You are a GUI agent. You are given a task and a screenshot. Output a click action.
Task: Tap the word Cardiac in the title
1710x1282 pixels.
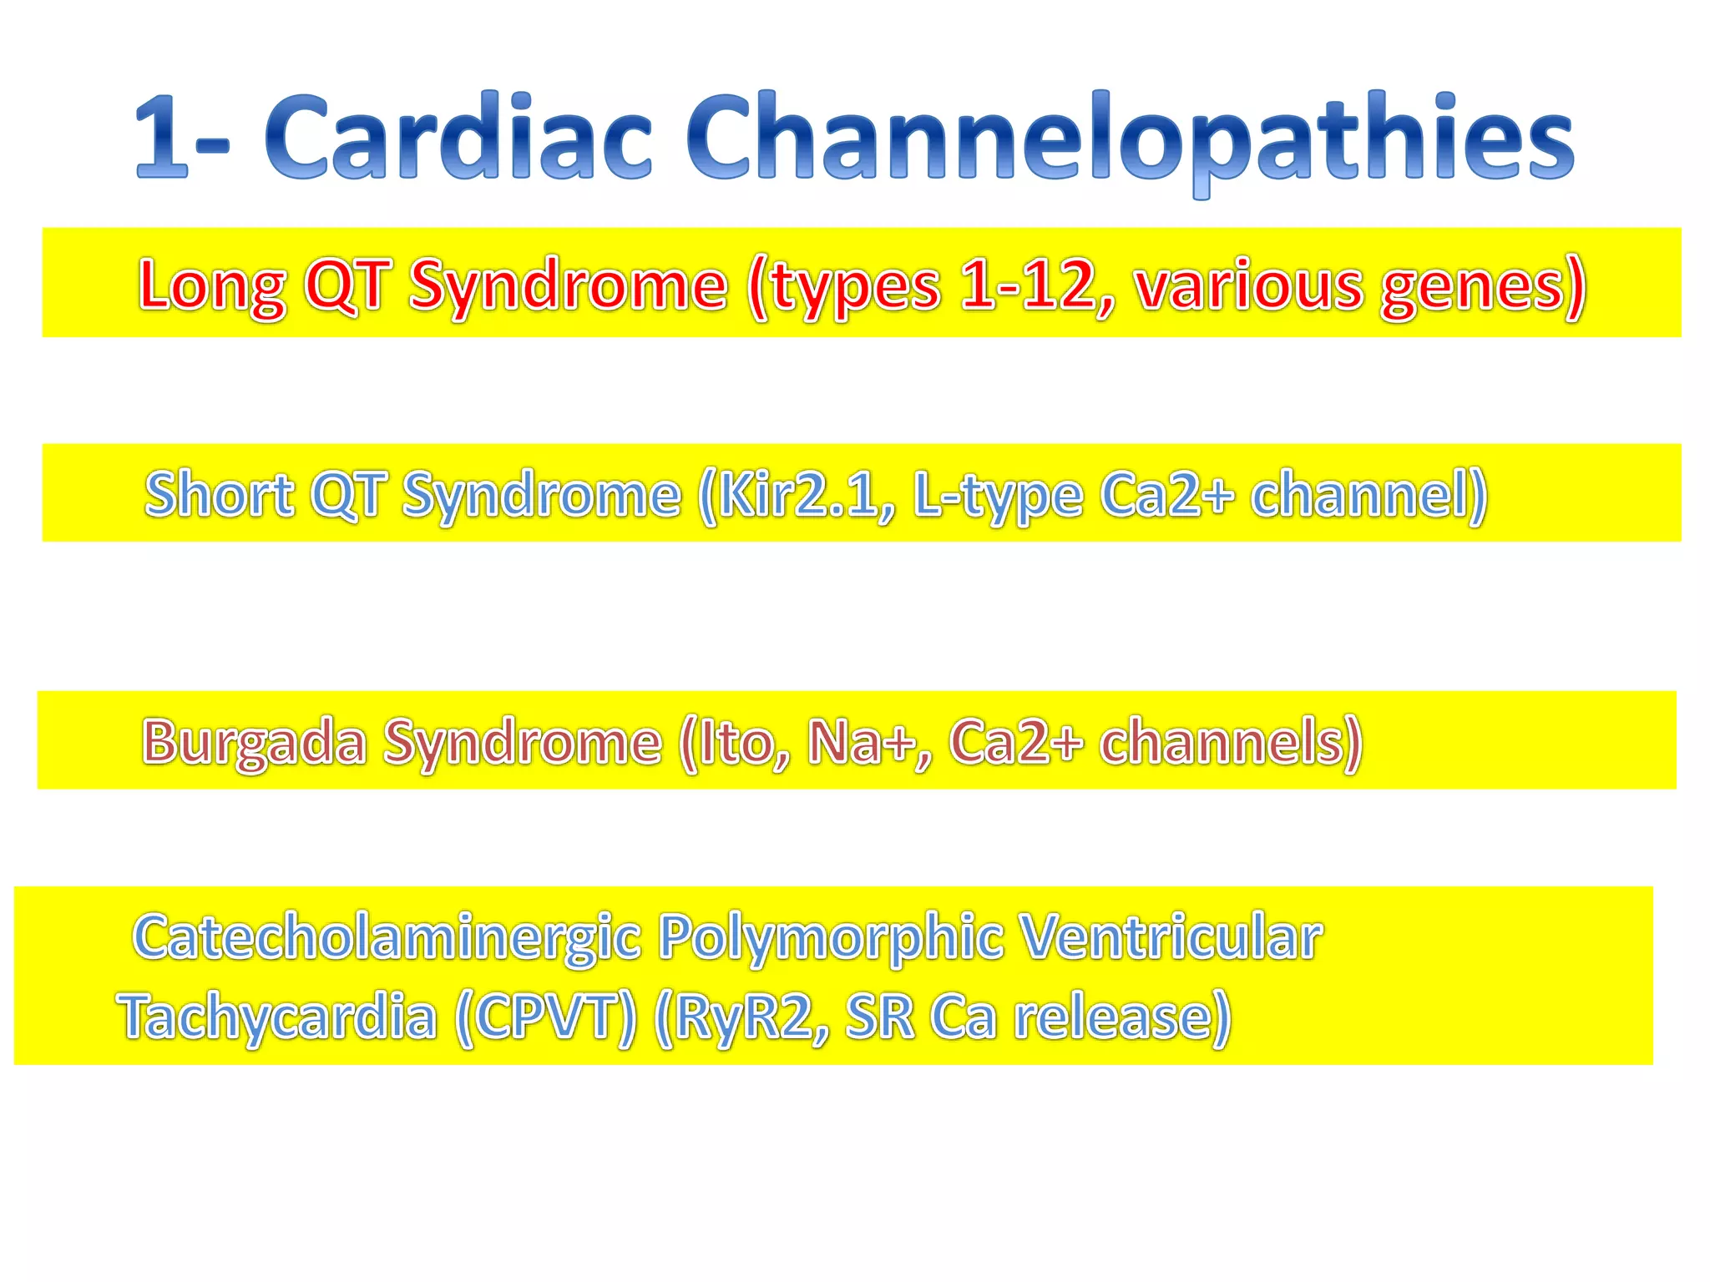click(458, 138)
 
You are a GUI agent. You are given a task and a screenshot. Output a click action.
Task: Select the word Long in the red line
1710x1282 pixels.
click(212, 286)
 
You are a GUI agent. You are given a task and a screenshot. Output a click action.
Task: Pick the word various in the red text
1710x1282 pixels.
click(1248, 285)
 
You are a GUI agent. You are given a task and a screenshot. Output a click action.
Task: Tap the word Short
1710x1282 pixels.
click(219, 494)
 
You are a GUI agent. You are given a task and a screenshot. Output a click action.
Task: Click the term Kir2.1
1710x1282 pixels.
click(797, 494)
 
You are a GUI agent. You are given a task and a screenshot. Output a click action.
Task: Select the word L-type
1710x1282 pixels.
click(997, 496)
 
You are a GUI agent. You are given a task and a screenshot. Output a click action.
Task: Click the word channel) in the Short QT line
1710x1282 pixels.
click(1369, 494)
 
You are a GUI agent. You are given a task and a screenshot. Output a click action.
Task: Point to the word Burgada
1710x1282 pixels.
click(254, 742)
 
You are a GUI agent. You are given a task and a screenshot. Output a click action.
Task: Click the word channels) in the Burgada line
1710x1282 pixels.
click(1231, 742)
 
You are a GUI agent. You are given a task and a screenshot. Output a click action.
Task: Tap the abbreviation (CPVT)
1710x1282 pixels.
click(546, 1017)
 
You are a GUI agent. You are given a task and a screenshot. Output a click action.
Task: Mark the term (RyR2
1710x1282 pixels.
click(742, 1017)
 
